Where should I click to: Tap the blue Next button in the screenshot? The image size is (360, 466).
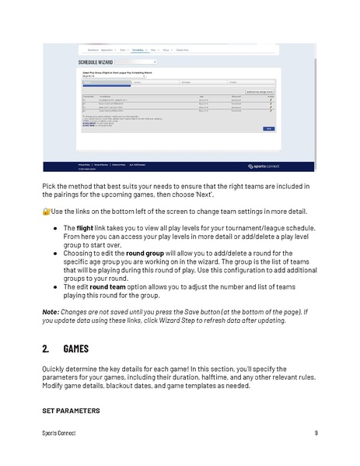(x=269, y=129)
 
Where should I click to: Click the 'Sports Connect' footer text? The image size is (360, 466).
(x=59, y=433)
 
